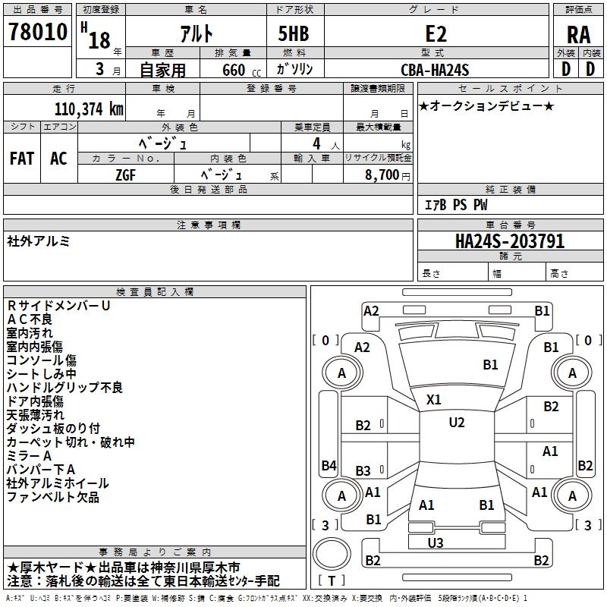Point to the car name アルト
click(196, 34)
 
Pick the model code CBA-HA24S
click(436, 70)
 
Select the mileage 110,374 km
click(89, 109)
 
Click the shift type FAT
click(21, 159)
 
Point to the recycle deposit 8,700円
click(387, 175)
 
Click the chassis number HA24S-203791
click(509, 241)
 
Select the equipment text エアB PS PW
click(455, 205)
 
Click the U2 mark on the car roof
click(456, 423)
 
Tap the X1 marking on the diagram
click(434, 399)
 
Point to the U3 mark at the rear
click(435, 543)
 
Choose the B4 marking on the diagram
click(328, 465)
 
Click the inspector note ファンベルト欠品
click(53, 498)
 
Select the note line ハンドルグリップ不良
click(64, 388)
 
